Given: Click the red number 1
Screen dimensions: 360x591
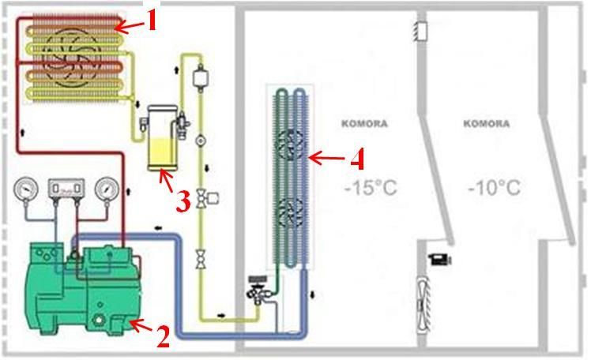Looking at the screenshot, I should [x=152, y=21].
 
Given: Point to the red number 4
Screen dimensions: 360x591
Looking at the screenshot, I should [x=357, y=160].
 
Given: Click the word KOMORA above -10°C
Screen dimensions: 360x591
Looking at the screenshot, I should [x=486, y=124].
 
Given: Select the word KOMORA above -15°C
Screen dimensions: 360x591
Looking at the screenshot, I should [x=363, y=124].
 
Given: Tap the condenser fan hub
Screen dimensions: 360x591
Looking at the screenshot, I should [x=64, y=52].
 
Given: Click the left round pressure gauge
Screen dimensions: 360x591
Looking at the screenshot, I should [x=26, y=189].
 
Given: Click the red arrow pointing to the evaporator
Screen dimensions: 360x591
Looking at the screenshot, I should [x=327, y=159].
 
